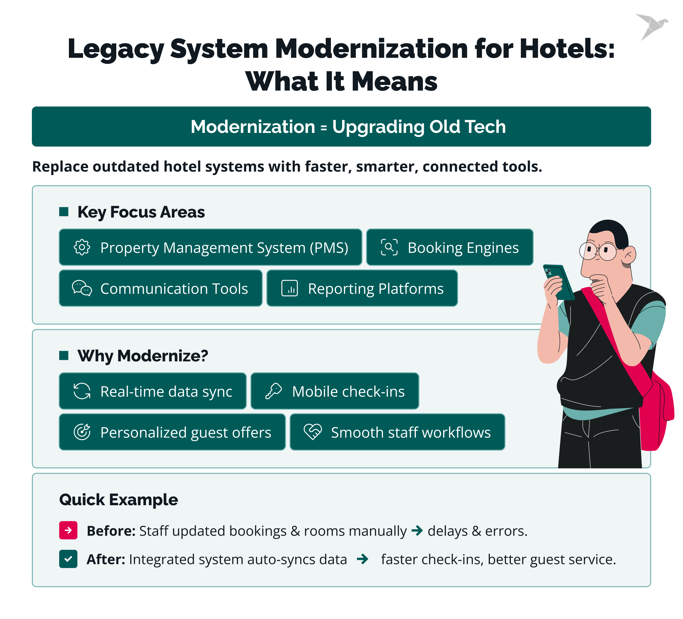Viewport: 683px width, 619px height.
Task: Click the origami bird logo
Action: [651, 26]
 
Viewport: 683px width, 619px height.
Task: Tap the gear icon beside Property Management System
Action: [82, 247]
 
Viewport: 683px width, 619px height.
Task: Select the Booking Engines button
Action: [450, 247]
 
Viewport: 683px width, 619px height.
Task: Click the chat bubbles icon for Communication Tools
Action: [82, 288]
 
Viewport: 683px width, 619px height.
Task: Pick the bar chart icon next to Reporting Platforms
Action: [289, 288]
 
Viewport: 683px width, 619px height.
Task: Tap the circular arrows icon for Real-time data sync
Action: [82, 391]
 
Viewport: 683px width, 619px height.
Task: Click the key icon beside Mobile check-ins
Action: [274, 391]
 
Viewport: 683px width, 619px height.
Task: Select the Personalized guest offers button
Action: [172, 432]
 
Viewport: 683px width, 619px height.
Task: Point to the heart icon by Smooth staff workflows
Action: [312, 432]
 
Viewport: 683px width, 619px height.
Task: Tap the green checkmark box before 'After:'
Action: [68, 559]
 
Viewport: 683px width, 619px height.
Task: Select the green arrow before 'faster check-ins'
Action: [362, 559]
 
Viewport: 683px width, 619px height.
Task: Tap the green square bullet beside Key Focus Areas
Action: [64, 211]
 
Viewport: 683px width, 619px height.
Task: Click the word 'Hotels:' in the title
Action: [567, 49]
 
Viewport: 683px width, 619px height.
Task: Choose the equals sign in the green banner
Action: [324, 128]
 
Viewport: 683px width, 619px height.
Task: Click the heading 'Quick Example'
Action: [119, 500]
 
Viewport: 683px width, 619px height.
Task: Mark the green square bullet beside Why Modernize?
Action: [64, 356]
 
